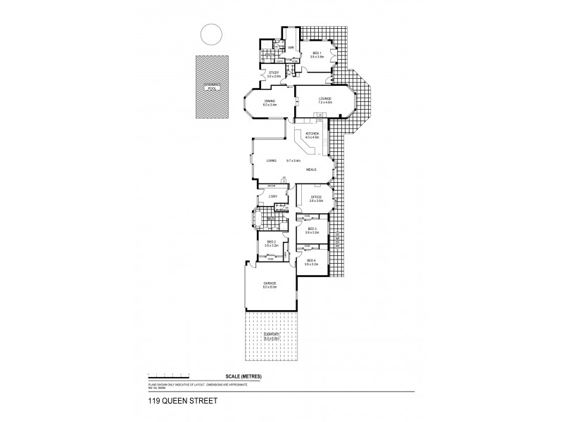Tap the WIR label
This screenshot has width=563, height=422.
coord(290,48)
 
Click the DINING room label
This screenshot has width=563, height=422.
coord(270,101)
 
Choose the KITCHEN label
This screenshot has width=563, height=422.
coord(312,134)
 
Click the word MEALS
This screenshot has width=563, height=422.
coord(311,169)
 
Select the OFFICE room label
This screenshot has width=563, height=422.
coord(315,197)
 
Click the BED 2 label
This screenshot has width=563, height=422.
coord(271,241)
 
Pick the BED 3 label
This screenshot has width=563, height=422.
coord(312,229)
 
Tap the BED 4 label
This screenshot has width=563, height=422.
coord(312,261)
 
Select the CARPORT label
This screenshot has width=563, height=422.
coord(271,335)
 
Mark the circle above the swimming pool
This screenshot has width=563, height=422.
coord(210,33)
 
